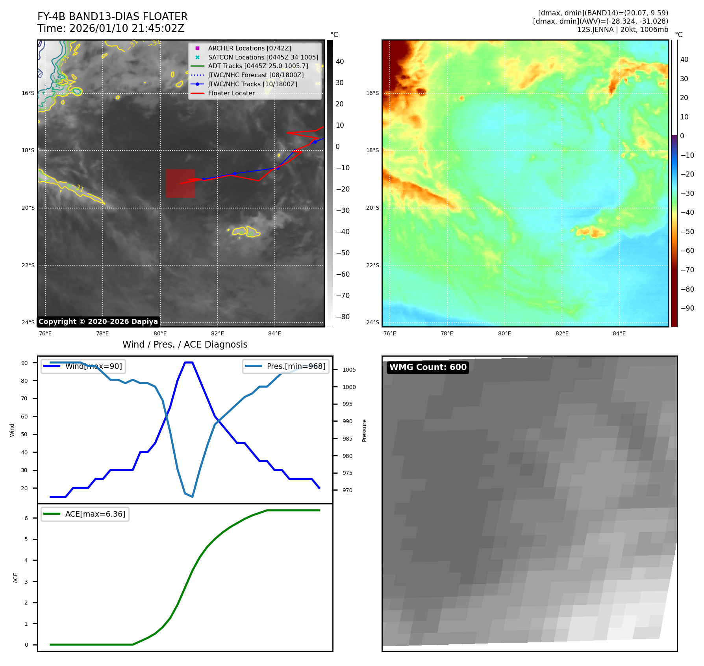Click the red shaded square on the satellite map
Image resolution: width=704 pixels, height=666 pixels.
(180, 183)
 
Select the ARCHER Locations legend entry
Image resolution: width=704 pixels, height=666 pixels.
(250, 48)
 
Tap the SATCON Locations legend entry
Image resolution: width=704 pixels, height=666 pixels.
(263, 57)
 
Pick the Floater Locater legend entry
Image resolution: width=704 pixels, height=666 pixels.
(231, 93)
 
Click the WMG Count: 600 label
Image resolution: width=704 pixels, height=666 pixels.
(428, 367)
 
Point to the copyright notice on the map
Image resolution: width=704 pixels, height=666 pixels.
(98, 322)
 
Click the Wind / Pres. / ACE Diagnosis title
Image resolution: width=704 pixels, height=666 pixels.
(185, 344)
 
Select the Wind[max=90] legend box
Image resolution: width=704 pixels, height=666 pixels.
(83, 366)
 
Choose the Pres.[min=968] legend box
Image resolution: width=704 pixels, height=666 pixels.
(286, 366)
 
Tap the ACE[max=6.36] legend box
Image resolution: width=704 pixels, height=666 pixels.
(85, 514)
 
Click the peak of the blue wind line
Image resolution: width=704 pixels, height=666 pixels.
(189, 363)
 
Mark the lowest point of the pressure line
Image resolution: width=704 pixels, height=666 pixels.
(192, 497)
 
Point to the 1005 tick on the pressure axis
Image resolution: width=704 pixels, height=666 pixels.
(349, 370)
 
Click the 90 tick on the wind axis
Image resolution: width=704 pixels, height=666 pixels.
(25, 363)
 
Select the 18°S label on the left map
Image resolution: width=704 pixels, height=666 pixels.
(28, 151)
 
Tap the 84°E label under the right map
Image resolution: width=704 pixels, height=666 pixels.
(619, 333)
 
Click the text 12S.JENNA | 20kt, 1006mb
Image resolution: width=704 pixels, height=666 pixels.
(622, 30)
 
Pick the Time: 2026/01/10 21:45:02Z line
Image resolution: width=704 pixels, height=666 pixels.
(111, 28)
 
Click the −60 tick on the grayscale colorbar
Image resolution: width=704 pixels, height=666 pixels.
(343, 274)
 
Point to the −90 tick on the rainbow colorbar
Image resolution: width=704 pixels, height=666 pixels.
(687, 308)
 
